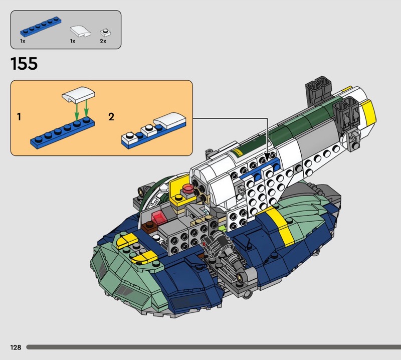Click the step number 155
click(24, 64)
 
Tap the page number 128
click(16, 347)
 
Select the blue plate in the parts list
click(41, 27)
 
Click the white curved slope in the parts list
click(81, 31)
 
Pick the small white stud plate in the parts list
click(105, 33)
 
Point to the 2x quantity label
click(103, 41)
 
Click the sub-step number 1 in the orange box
click(19, 117)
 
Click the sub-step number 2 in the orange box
click(111, 117)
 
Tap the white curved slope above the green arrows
click(78, 95)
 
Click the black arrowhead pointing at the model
click(267, 156)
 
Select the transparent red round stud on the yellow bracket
click(188, 188)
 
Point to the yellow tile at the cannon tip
click(368, 111)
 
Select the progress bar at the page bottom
click(214, 347)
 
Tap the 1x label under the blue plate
click(23, 41)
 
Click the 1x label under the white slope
click(73, 41)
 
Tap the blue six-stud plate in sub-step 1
click(63, 132)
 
